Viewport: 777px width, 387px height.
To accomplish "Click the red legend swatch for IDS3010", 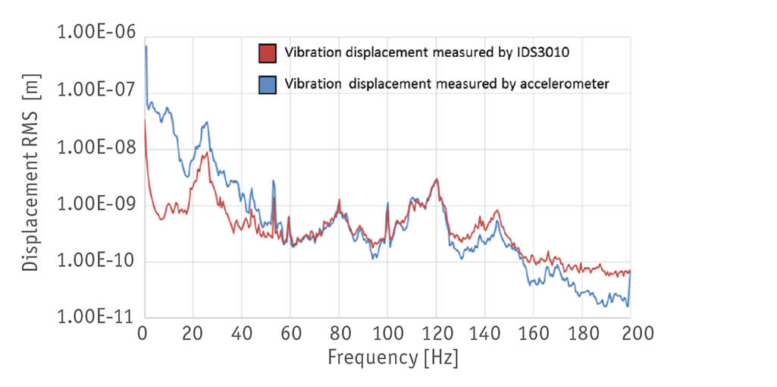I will click(267, 53).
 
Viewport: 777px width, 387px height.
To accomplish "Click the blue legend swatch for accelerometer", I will click(267, 83).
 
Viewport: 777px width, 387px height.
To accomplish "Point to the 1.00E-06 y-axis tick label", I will click(96, 34).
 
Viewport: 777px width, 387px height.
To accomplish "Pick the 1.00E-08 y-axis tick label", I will click(96, 147).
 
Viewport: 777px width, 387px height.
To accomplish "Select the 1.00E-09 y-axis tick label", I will click(96, 204).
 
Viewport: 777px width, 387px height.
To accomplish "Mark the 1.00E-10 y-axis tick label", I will click(96, 261).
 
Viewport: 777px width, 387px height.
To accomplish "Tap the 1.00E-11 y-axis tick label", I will click(96, 317).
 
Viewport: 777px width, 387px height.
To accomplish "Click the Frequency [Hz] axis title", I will click(393, 357).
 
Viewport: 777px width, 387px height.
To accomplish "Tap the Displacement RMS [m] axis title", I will click(31, 176).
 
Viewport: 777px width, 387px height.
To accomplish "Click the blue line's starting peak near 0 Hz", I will click(146, 47).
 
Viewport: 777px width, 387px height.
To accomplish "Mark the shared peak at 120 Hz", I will click(436, 180).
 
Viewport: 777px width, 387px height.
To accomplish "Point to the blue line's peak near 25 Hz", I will click(205, 122).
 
